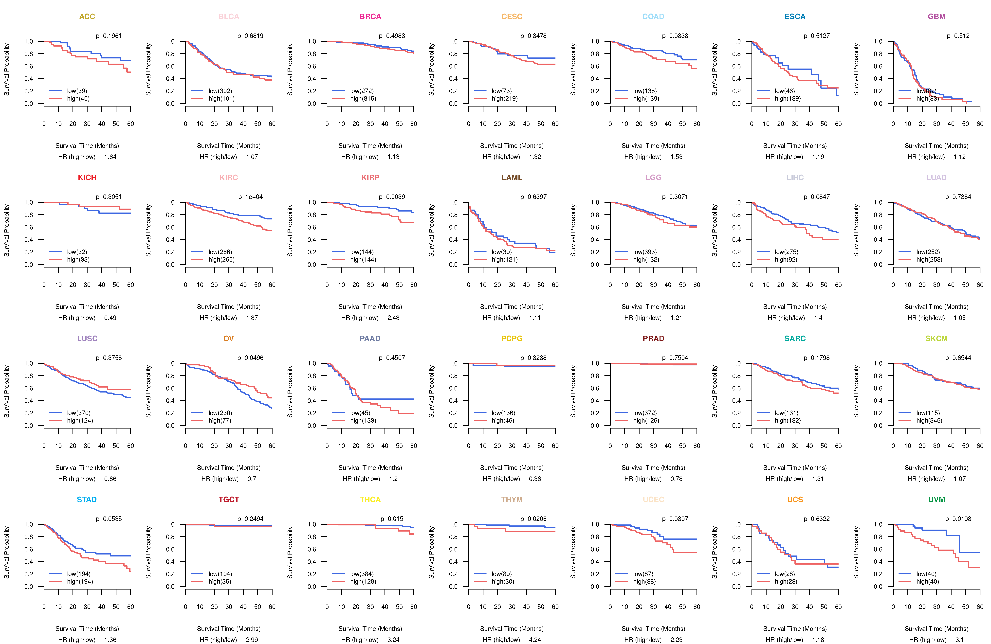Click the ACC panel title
click(87, 17)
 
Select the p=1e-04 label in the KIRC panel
click(250, 197)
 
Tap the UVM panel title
click(936, 500)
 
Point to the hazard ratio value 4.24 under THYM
click(535, 640)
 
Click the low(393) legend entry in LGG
click(645, 252)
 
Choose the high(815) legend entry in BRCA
click(363, 99)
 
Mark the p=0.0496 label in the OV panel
click(250, 358)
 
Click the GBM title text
click(936, 17)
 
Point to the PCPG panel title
click(512, 339)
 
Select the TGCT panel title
click(229, 500)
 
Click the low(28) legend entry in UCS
click(785, 574)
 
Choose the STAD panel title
click(87, 500)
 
